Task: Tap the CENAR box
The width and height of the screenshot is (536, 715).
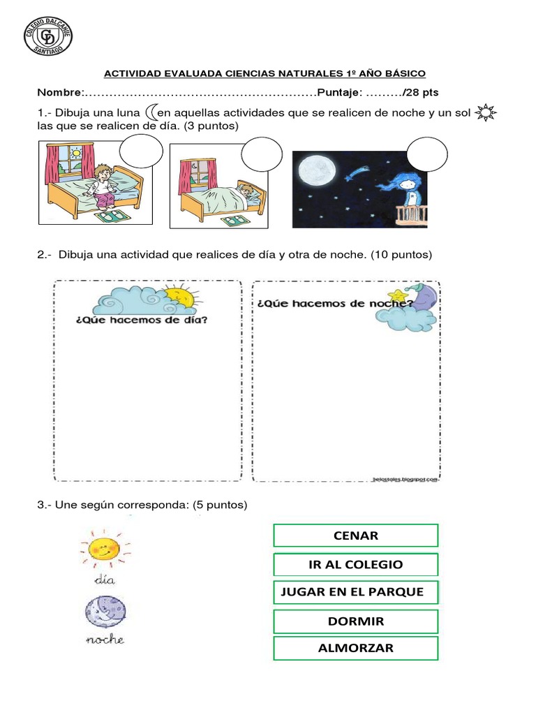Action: pos(356,536)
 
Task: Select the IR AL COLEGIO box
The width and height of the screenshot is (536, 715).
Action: pos(356,564)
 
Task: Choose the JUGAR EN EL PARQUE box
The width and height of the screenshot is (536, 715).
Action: pos(356,592)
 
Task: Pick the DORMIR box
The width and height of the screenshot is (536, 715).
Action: pos(356,621)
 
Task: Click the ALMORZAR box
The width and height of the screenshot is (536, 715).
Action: pos(356,648)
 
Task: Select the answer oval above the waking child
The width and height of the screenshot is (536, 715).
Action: pos(141,153)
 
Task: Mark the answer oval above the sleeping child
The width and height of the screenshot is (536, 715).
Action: pos(261,154)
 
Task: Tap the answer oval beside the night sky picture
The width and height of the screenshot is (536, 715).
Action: pos(426,154)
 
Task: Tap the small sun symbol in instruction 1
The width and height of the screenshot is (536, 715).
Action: pos(484,112)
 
